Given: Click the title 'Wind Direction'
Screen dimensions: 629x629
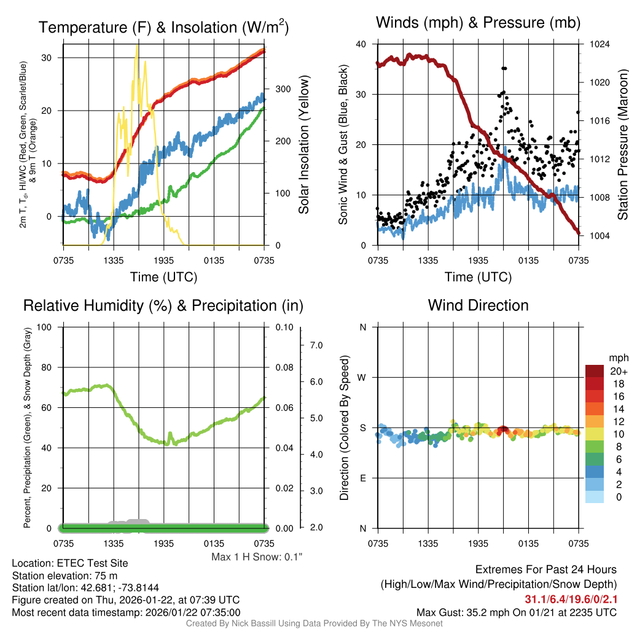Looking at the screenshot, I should pos(478,305).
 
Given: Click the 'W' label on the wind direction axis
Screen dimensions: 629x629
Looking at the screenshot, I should pos(362,377).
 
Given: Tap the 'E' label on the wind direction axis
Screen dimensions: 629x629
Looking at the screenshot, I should pos(362,478).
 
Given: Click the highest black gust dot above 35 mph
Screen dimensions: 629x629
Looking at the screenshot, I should pos(504,68).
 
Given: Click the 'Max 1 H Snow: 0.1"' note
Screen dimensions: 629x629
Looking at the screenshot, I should pos(257,557).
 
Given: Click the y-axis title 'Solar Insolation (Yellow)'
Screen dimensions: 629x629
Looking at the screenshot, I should pos(304,145).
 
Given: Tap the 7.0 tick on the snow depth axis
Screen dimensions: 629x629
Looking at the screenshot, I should pos(316,346).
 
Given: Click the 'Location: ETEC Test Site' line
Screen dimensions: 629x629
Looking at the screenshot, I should pos(70,563).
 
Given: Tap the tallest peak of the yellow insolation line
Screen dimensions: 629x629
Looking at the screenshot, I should pos(137,45).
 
